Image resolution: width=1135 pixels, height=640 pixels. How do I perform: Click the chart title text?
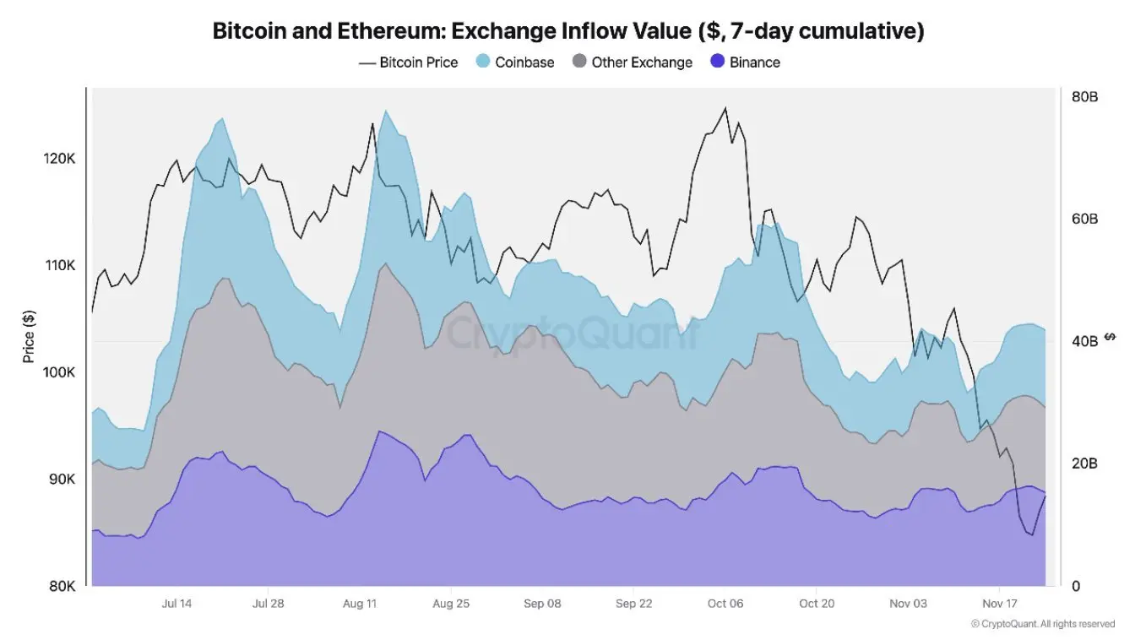(x=567, y=31)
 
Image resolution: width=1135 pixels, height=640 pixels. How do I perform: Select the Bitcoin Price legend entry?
(x=409, y=62)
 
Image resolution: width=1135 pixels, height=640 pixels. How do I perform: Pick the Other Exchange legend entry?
(x=633, y=62)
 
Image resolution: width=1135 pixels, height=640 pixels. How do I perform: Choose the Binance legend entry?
(x=746, y=62)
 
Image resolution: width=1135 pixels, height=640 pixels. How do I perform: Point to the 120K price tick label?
(x=59, y=159)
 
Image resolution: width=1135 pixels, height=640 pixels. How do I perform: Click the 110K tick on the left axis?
(x=59, y=265)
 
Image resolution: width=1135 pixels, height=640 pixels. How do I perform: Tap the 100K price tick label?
(x=59, y=372)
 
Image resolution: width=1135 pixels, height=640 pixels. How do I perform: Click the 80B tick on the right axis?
(x=1084, y=97)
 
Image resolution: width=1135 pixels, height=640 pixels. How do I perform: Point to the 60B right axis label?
(x=1084, y=220)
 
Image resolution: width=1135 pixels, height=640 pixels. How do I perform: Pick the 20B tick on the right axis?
(x=1084, y=464)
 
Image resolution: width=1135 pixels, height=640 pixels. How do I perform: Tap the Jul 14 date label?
(x=176, y=604)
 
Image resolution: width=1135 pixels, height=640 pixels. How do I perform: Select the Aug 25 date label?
(x=450, y=604)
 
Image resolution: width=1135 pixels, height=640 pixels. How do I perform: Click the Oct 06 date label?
(x=725, y=604)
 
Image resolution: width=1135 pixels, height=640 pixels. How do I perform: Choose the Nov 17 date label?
(x=999, y=604)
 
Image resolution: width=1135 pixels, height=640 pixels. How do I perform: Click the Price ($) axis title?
(x=30, y=337)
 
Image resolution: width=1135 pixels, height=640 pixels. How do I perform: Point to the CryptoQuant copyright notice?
(x=1042, y=624)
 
